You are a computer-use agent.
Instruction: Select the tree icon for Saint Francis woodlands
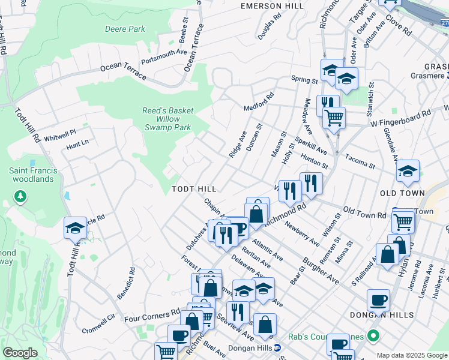click(20, 196)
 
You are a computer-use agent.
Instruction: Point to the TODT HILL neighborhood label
click(194, 188)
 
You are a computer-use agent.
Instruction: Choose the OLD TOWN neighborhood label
click(402, 193)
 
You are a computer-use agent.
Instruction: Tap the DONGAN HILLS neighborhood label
click(381, 315)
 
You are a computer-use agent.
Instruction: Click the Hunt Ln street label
click(77, 143)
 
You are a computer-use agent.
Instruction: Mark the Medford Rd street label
click(258, 102)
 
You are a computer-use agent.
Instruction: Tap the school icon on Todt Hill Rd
click(75, 228)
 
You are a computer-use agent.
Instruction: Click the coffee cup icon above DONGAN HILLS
click(378, 299)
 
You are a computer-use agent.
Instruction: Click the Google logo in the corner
click(20, 353)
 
